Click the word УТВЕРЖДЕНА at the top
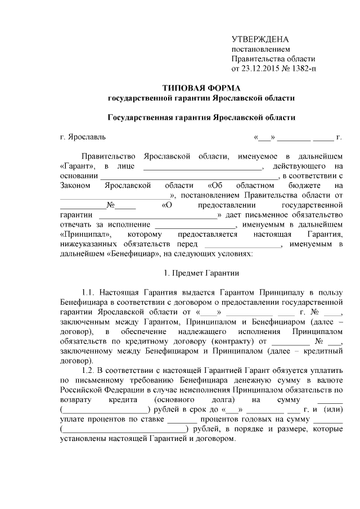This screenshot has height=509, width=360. coord(260,39)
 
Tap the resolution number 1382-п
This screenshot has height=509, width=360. coord(301,69)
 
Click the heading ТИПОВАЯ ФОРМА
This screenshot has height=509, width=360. coord(201,88)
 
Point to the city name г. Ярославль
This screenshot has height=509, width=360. coord(82,137)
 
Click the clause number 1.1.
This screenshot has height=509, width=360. coord(88,292)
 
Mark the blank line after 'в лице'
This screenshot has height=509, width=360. coord(202,167)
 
